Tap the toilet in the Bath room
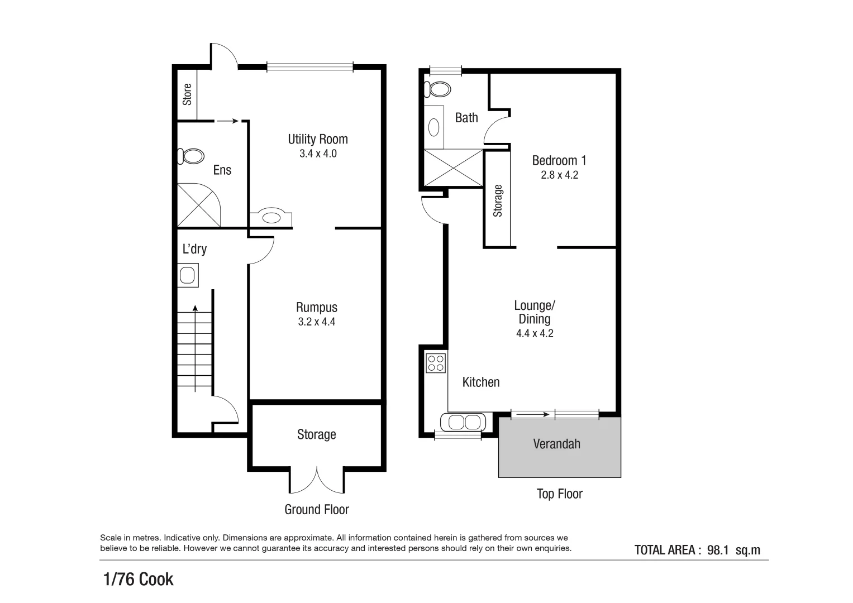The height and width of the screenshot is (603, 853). pos(437,89)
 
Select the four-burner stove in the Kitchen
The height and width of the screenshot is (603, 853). pos(436,363)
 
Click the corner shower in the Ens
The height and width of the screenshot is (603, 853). pos(198,205)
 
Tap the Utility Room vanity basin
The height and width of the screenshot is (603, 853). pos(271,218)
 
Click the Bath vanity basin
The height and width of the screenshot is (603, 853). pos(434,127)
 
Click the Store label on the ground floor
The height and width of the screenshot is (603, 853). pos(187,94)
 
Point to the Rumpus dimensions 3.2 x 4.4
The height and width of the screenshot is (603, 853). pos(316,322)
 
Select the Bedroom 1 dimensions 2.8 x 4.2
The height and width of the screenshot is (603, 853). pos(559,175)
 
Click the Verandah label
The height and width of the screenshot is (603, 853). pos(556,444)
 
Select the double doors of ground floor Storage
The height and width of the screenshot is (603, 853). pos(317,480)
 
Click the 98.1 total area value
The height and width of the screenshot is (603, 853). pos(718,550)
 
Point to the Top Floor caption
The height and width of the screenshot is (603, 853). pos(559,494)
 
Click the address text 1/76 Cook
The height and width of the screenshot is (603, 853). pos(139,580)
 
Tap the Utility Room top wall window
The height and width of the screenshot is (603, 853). pos(310,67)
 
